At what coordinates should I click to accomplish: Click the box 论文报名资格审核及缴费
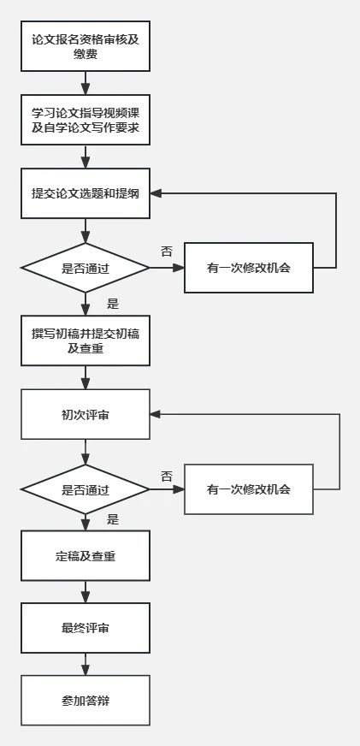[86, 46]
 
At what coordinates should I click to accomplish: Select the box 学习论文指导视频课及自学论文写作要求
[86, 120]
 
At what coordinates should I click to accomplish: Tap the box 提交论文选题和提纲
[86, 193]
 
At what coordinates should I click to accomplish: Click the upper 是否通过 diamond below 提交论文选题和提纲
[86, 268]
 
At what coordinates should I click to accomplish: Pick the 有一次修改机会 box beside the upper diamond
[249, 268]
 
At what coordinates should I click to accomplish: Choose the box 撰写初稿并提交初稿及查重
[86, 340]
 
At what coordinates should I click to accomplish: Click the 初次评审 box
[86, 414]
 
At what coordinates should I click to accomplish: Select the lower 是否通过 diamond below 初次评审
[86, 489]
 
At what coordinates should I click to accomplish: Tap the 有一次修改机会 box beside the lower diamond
[249, 489]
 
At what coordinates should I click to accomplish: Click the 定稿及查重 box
[86, 556]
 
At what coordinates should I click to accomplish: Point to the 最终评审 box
[86, 628]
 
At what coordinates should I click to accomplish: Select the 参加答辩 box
[86, 701]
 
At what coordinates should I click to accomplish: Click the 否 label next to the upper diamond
[167, 252]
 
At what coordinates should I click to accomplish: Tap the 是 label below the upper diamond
[113, 304]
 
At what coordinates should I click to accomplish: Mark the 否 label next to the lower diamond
[167, 477]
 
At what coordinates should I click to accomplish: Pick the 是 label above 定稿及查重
[113, 519]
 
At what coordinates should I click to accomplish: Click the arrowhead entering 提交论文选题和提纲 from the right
[156, 193]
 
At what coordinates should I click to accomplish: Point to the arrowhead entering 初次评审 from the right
[156, 414]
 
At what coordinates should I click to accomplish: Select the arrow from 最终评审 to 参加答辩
[86, 664]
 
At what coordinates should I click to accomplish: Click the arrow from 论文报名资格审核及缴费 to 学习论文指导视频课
[86, 83]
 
